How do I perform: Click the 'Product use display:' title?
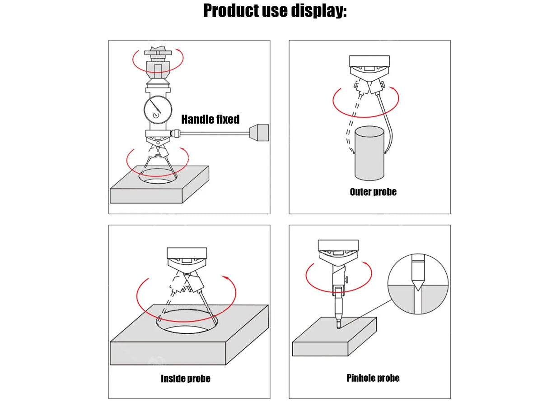(x=275, y=11)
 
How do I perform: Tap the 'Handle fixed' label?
(x=210, y=119)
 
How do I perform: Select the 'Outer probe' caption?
(x=373, y=192)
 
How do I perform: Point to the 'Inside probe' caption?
(x=186, y=378)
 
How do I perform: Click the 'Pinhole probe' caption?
(x=373, y=378)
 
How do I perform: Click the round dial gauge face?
(x=158, y=109)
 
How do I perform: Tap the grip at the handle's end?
(x=259, y=133)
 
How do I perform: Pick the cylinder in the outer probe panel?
(x=369, y=153)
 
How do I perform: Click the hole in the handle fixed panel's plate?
(x=158, y=176)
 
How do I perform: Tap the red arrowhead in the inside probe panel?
(x=226, y=278)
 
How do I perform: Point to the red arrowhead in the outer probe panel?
(x=392, y=88)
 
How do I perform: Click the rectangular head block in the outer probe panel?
(x=369, y=61)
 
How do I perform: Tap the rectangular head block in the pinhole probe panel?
(x=338, y=245)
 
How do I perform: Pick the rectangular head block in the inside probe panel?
(x=187, y=253)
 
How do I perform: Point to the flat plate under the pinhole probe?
(x=335, y=337)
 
